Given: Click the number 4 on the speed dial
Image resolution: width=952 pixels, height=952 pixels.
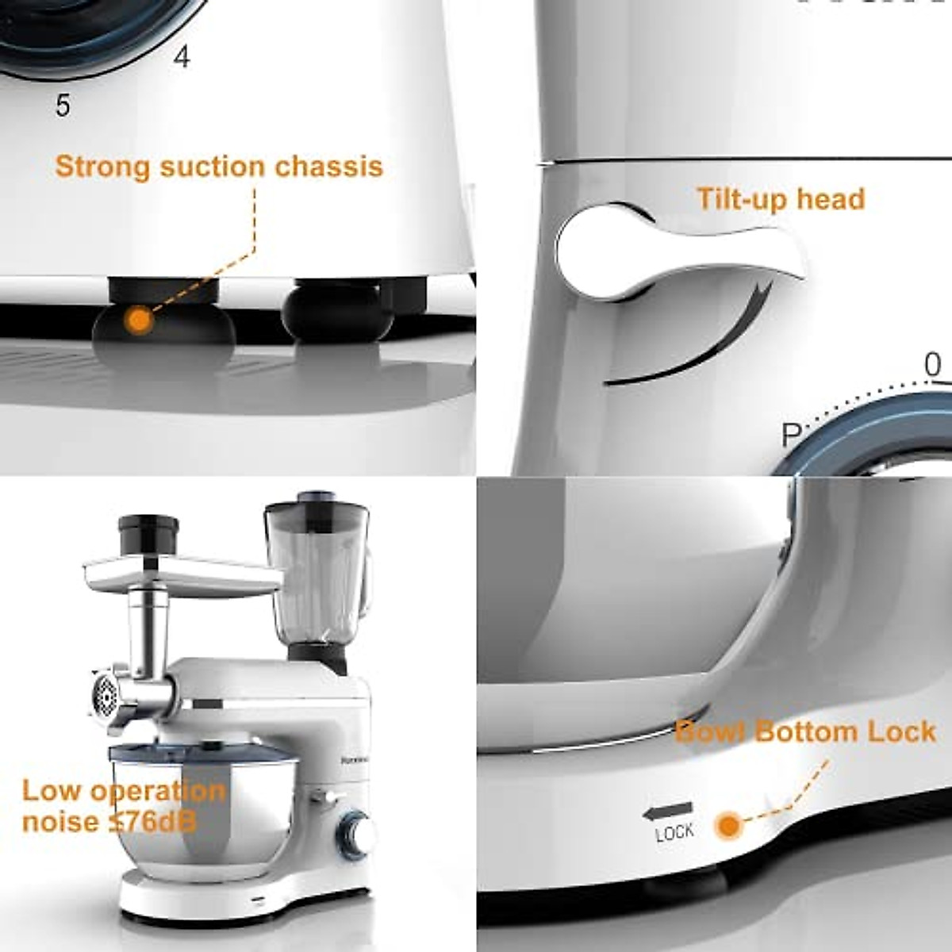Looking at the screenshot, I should [x=182, y=57].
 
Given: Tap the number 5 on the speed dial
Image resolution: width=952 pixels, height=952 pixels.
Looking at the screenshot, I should [x=63, y=105].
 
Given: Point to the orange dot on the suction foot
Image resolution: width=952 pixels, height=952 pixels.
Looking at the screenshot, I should [x=139, y=321].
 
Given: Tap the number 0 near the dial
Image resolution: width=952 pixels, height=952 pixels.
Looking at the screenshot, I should [x=933, y=365].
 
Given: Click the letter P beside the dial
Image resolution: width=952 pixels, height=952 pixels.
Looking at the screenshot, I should [x=792, y=435].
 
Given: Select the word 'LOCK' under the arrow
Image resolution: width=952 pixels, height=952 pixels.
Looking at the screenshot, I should [x=674, y=832].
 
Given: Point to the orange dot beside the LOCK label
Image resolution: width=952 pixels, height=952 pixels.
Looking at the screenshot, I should [x=726, y=826].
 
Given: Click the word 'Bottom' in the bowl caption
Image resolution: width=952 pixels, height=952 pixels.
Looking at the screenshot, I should [x=805, y=731].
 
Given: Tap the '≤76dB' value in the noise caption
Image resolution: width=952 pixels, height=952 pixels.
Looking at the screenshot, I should [x=152, y=821].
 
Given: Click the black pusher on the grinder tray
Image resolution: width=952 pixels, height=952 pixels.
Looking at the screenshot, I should [x=148, y=536].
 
